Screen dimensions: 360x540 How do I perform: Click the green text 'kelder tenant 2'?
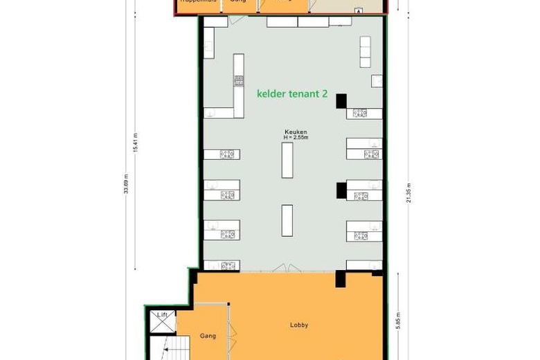[x=292, y=93]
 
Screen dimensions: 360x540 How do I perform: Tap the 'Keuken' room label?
[x=296, y=132]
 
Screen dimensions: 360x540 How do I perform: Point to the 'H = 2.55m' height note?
[x=296, y=138]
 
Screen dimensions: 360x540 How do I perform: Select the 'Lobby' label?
[x=299, y=325]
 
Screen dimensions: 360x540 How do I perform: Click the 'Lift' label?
[x=163, y=316]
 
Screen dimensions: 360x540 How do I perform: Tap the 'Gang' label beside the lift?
[x=208, y=336]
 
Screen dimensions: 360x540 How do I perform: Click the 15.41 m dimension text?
[x=136, y=143]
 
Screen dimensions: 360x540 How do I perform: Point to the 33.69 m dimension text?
[x=126, y=183]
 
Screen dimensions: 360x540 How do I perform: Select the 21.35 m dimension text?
[x=409, y=193]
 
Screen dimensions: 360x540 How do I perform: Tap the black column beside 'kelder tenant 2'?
[x=341, y=101]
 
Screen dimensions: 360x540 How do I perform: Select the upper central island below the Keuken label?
[x=287, y=160]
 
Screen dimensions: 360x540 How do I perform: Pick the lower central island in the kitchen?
[x=287, y=220]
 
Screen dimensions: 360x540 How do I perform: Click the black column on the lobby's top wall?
[x=341, y=279]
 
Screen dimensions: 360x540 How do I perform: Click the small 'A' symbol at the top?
[x=358, y=11]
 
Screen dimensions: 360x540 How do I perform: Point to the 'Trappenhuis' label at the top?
[x=197, y=2]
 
